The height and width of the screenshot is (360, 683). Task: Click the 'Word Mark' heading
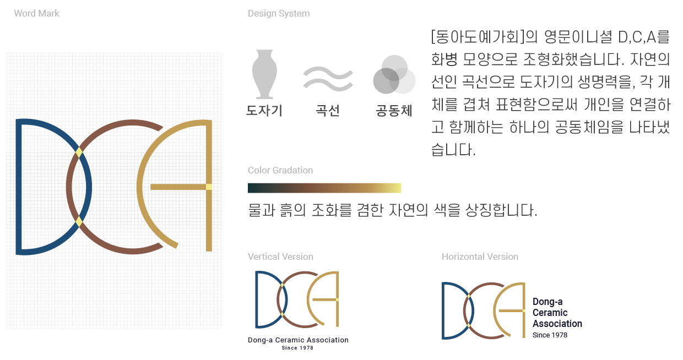tap(36, 13)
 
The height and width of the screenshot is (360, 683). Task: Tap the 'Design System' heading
tap(279, 13)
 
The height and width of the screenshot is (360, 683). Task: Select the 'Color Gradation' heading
tap(280, 170)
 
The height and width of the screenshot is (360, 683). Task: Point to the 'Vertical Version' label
tap(280, 257)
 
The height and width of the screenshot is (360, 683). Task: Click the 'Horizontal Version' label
tap(480, 257)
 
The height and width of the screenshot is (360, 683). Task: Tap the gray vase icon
tap(264, 74)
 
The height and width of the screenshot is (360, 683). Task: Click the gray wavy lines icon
tap(328, 79)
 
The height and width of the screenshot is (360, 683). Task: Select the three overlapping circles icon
tap(394, 75)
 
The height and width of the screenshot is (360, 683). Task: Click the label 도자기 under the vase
tap(264, 110)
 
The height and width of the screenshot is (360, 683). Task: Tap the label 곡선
tap(328, 110)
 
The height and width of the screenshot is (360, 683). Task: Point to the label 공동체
tap(394, 110)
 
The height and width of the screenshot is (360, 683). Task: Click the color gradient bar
tap(324, 188)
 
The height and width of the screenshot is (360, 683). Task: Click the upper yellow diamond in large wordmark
tap(79, 152)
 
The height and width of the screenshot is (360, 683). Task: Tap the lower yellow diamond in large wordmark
tap(79, 222)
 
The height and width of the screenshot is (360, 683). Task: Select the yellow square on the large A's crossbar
tap(209, 187)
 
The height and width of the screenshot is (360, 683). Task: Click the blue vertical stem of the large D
tap(19, 187)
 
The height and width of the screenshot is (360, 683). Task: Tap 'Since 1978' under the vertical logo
tap(297, 348)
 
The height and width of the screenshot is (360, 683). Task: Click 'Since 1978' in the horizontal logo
tap(550, 335)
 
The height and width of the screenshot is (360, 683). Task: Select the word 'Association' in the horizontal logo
tap(557, 324)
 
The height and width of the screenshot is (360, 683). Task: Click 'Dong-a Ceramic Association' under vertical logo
tap(298, 340)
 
